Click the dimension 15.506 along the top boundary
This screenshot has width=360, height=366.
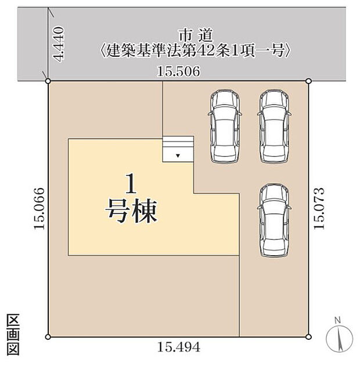(179, 72)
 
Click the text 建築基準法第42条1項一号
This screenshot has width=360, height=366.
(195, 51)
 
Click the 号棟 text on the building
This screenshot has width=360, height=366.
(132, 212)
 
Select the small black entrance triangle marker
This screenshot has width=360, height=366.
(178, 156)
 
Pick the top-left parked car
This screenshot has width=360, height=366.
(224, 126)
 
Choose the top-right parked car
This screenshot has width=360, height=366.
(273, 126)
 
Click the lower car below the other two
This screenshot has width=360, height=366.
(273, 219)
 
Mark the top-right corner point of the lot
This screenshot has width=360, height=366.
(308, 81)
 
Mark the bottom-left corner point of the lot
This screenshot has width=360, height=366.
(48, 336)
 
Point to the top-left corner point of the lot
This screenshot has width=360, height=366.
(48, 81)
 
